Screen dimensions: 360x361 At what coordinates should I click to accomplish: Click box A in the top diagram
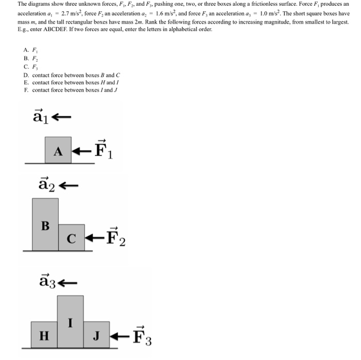pyautogui.click(x=58, y=150)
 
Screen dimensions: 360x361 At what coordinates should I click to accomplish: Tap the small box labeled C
pyautogui.click(x=71, y=238)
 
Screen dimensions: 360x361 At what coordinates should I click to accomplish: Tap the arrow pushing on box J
pyautogui.click(x=120, y=336)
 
